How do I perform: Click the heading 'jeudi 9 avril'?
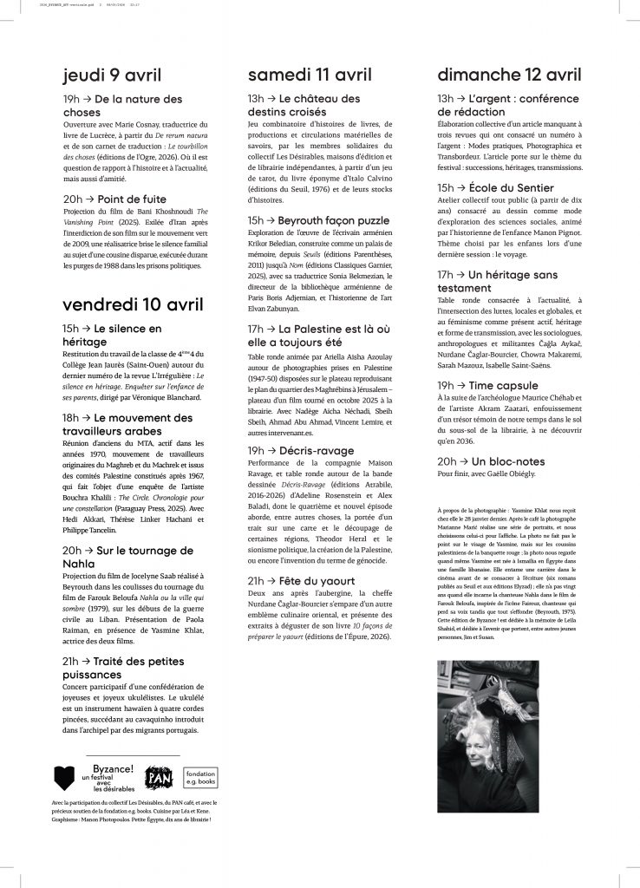112,75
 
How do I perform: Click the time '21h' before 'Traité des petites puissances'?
71,661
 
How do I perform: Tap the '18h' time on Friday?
71,418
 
